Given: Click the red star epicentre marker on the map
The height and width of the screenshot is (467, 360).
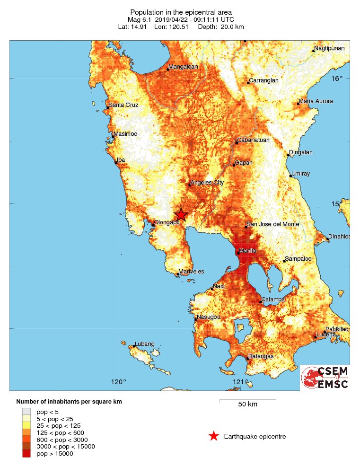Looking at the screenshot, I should [181, 214].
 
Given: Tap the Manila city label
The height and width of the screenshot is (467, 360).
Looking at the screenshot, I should [248, 250].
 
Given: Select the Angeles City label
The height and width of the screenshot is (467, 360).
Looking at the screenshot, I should [207, 183].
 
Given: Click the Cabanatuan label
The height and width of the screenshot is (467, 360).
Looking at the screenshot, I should [253, 140].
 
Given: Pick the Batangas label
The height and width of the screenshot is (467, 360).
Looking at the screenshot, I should [261, 356].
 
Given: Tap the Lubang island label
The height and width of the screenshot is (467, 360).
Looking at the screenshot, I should [145, 344].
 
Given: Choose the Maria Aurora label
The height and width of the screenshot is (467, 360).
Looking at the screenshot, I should [316, 101].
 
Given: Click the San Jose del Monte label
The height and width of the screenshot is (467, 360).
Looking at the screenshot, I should [275, 224].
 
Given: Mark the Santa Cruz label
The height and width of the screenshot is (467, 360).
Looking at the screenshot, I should [123, 105].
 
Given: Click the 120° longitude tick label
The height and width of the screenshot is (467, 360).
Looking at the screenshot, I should [118, 382].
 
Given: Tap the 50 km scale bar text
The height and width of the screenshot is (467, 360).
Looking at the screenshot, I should [247, 404].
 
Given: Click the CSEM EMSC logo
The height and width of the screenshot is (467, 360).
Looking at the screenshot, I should [325, 378].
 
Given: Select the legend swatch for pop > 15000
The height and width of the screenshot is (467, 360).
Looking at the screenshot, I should [26, 453].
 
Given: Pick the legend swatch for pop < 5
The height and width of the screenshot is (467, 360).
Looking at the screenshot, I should [26, 413].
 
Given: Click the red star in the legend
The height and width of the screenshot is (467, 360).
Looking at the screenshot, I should [214, 436].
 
